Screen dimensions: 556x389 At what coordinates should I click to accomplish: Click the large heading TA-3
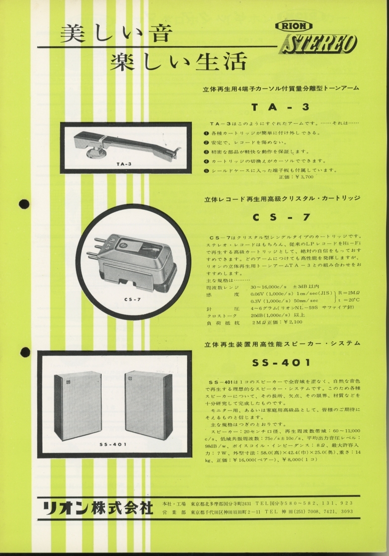tap(280, 106)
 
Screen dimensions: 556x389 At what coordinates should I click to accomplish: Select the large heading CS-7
tap(281, 217)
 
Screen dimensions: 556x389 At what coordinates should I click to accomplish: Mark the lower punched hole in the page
tap(25, 352)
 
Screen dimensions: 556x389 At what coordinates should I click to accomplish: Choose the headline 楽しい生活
tap(178, 62)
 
